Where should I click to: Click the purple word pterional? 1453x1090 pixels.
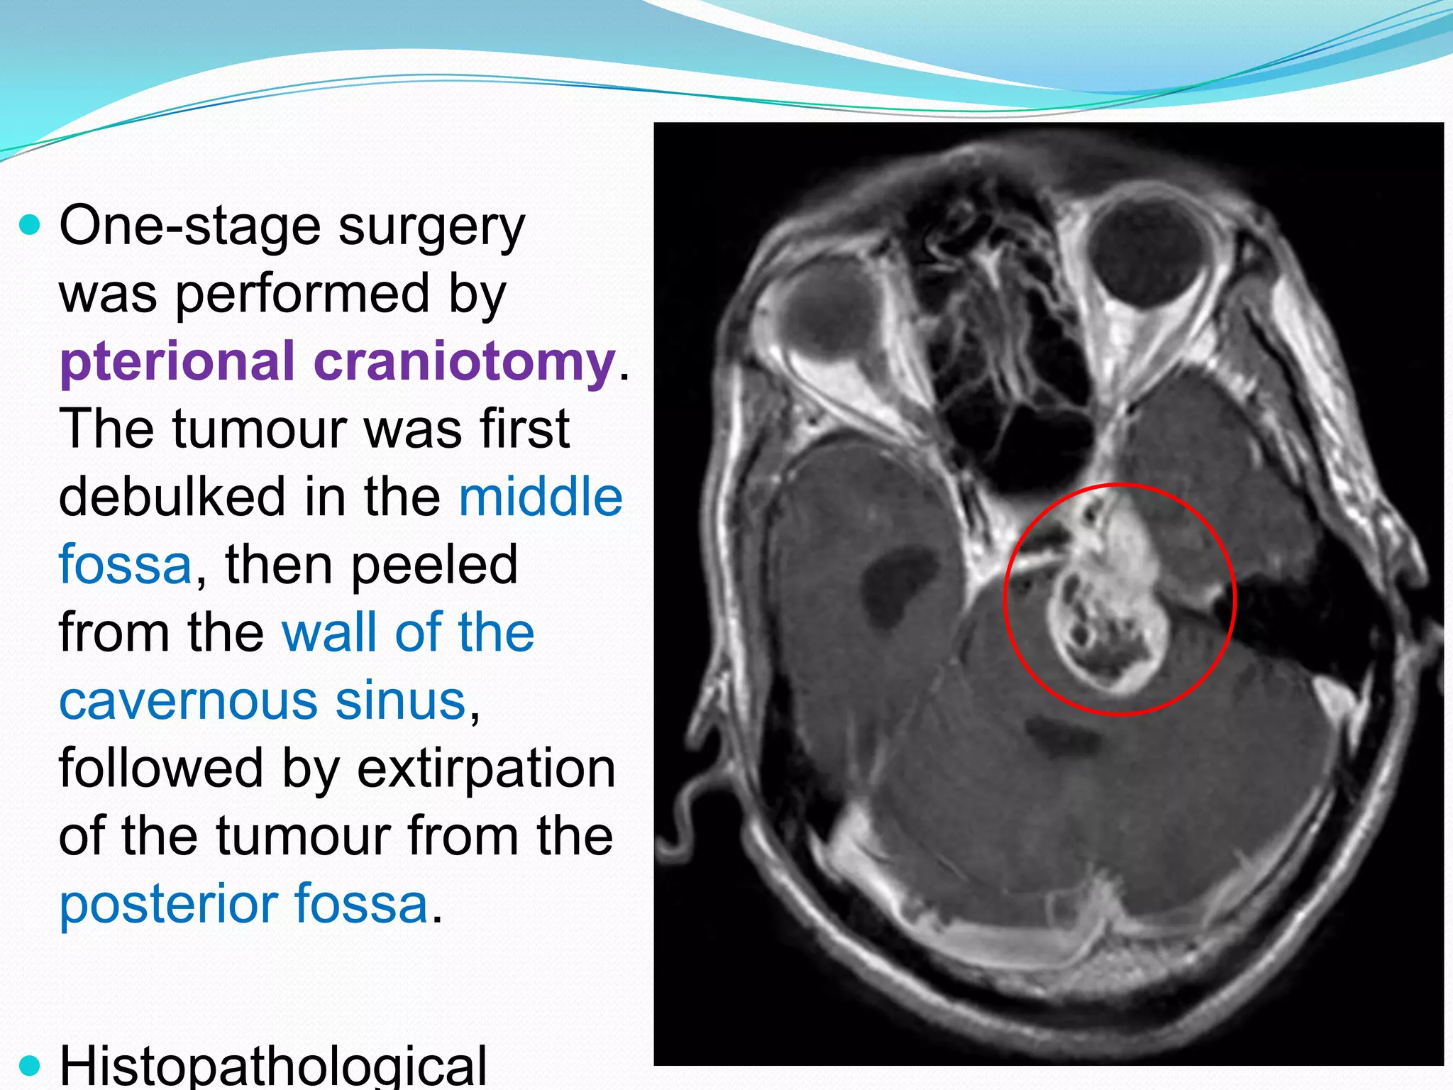tap(177, 362)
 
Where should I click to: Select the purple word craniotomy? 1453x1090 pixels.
tap(465, 362)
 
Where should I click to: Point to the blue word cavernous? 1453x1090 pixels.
tap(187, 700)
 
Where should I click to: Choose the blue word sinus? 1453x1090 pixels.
tap(401, 700)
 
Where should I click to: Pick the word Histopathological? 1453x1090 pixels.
tap(273, 1066)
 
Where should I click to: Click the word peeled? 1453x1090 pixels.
tap(434, 565)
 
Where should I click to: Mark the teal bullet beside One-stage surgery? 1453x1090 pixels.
tap(30, 226)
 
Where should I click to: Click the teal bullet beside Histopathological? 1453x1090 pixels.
tap(30, 1064)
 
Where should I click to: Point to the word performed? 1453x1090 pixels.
tap(302, 294)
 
